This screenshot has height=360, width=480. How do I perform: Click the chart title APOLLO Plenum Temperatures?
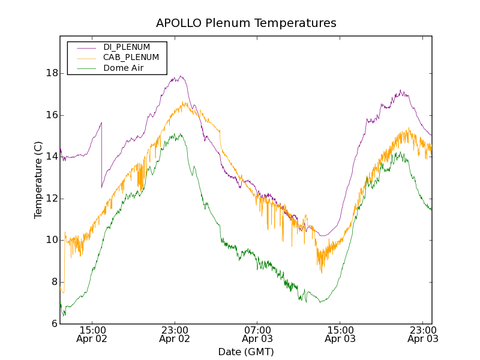(x=246, y=23)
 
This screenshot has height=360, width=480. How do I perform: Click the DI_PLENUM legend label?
(x=127, y=47)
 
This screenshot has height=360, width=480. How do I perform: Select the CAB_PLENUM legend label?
(x=131, y=58)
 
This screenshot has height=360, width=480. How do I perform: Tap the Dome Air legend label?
(x=123, y=68)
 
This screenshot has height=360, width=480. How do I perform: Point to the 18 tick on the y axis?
(x=52, y=73)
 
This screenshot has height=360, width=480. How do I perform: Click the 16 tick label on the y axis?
(x=52, y=115)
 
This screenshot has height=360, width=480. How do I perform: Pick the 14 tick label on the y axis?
(x=52, y=157)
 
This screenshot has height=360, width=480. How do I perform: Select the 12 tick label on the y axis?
(x=52, y=199)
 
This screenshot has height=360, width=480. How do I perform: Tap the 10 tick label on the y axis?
(x=52, y=240)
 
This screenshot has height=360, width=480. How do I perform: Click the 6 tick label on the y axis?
(x=54, y=323)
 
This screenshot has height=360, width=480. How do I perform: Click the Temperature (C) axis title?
(x=38, y=180)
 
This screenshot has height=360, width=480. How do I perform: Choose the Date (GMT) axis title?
(x=246, y=352)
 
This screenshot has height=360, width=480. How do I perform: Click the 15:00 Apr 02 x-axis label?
(x=92, y=334)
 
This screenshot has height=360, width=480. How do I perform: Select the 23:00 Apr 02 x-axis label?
(x=175, y=334)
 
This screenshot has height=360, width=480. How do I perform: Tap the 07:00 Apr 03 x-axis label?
(x=257, y=334)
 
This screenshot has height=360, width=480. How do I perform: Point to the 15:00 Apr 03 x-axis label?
(x=340, y=334)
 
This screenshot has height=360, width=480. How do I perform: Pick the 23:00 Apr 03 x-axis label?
(x=422, y=334)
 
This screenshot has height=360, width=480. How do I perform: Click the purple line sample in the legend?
(x=86, y=47)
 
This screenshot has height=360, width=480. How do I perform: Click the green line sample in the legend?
(x=86, y=68)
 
